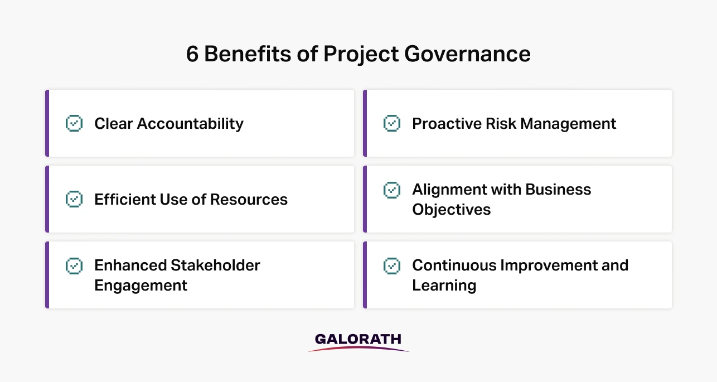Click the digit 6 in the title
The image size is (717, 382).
[192, 54]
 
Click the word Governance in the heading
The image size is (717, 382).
[467, 54]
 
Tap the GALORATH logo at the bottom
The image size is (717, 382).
[358, 342]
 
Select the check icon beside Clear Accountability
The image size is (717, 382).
[74, 123]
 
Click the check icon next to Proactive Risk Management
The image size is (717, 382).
[392, 123]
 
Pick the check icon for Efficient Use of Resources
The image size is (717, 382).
[74, 199]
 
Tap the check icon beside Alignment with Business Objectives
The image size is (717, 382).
[392, 190]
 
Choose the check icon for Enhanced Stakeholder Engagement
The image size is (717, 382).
[74, 266]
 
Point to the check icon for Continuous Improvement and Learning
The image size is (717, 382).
[392, 266]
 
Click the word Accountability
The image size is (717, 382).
[190, 124]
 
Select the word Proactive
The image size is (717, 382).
[447, 124]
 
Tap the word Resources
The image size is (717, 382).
[249, 200]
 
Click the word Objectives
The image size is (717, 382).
[451, 210]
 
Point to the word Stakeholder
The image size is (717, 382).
[215, 265]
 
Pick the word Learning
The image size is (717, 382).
[444, 286]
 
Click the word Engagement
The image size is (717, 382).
[141, 286]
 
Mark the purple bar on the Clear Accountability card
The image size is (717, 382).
[47, 123]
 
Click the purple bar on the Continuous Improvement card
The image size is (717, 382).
[365, 275]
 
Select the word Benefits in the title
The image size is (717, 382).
[248, 54]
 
